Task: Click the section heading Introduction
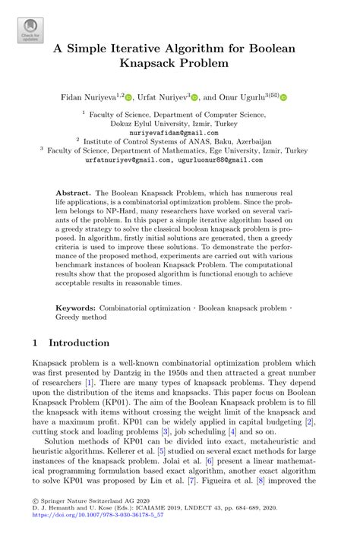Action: tap(79, 342)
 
